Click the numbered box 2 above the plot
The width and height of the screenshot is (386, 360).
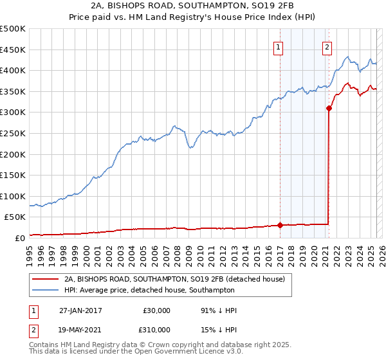tap(327, 46)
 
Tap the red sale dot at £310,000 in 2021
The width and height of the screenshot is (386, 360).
tap(329, 108)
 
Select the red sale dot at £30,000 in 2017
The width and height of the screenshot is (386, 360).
tap(280, 225)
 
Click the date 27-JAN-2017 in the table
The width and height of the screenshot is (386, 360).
tap(80, 310)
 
